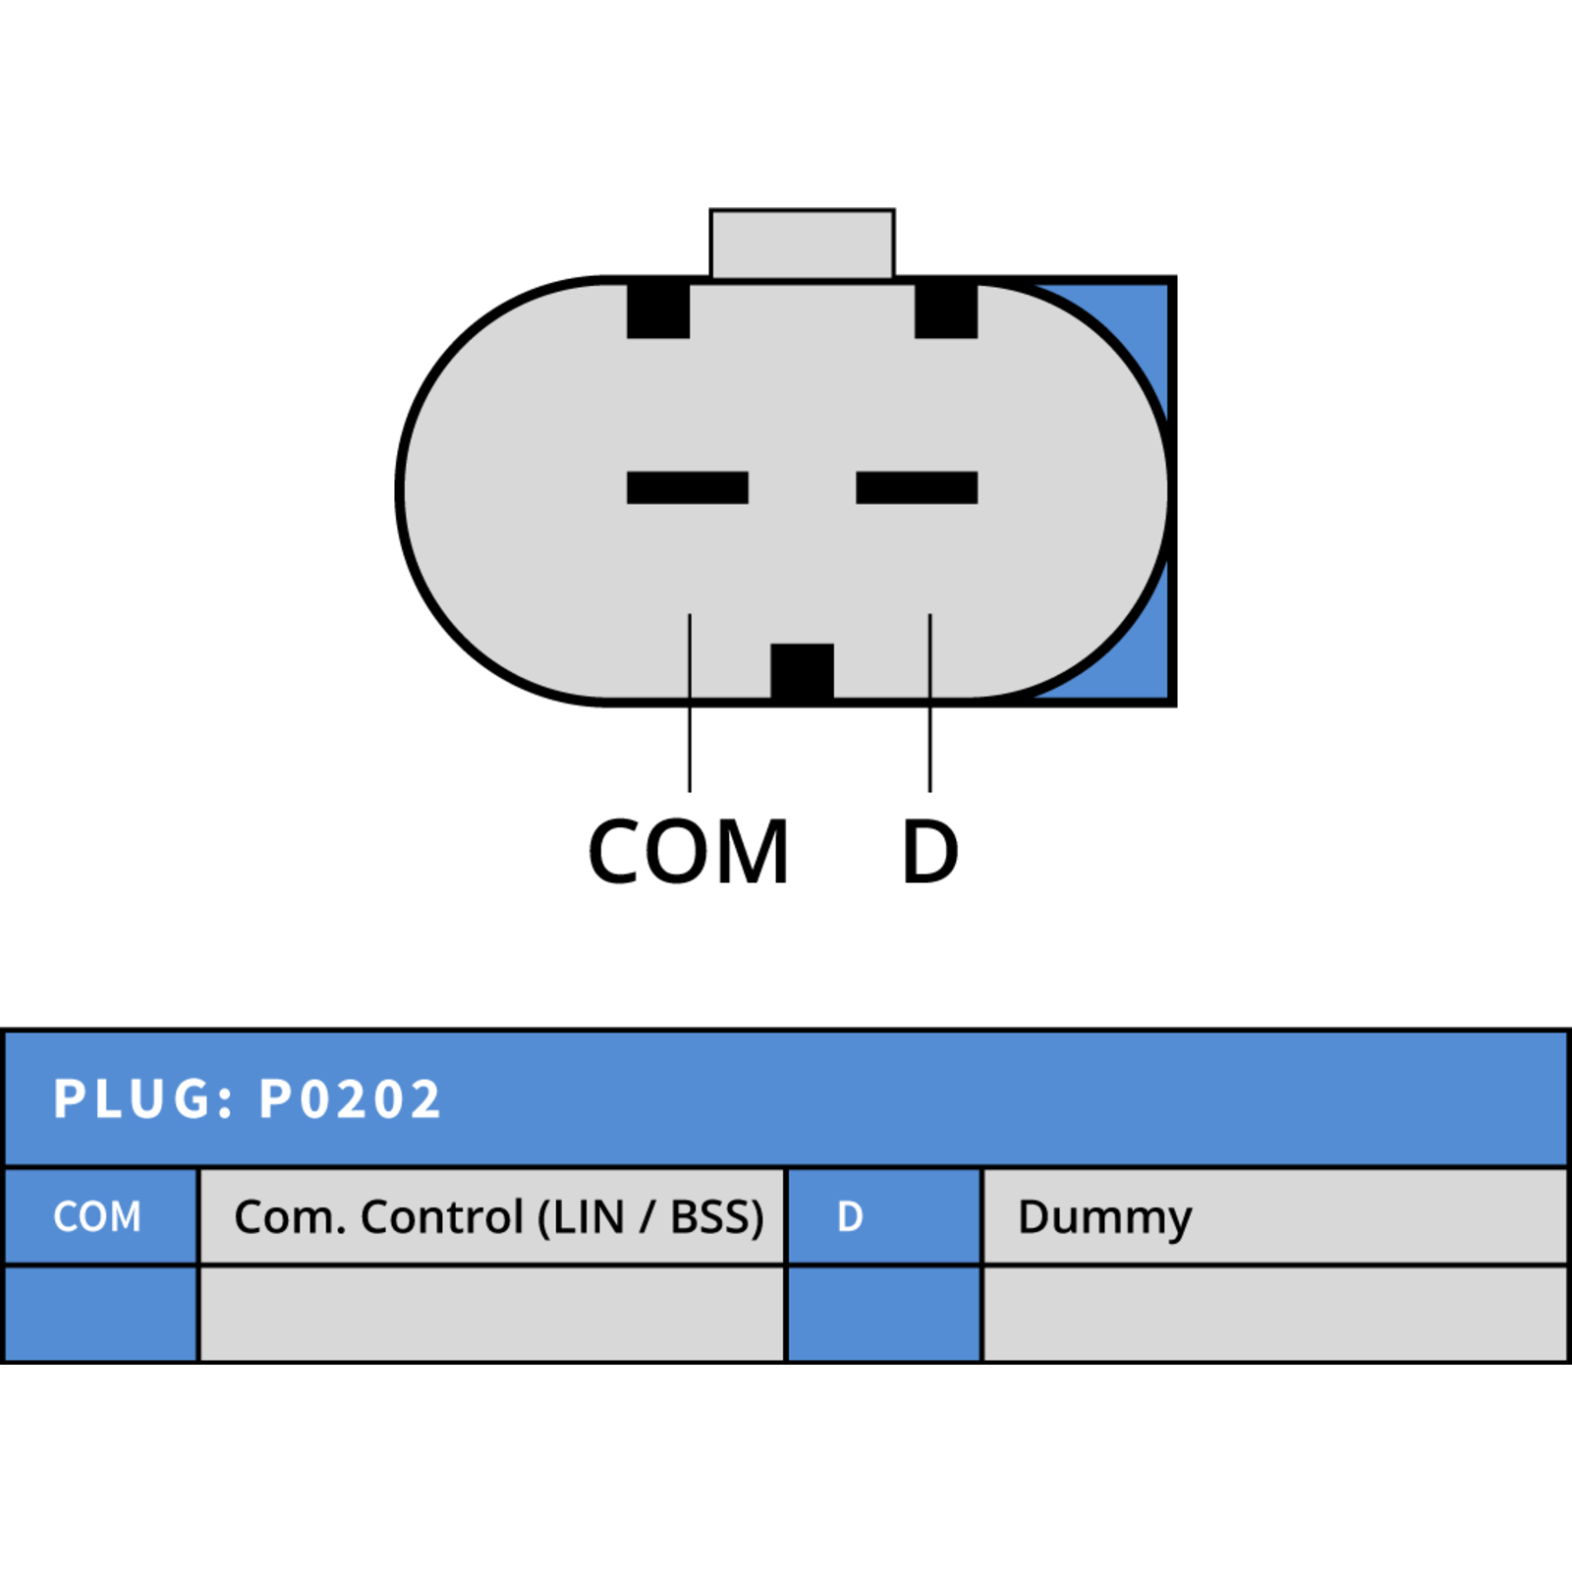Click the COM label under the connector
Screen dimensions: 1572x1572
pyautogui.click(x=688, y=852)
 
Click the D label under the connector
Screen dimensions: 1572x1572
pyautogui.click(x=930, y=852)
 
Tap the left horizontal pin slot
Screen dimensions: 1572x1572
pyautogui.click(x=688, y=487)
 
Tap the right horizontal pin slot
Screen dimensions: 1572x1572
pyautogui.click(x=917, y=487)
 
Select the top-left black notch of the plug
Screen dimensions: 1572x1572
pyautogui.click(x=658, y=310)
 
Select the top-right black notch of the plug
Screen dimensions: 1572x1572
pyautogui.click(x=946, y=310)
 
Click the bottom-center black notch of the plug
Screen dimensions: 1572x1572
pyautogui.click(x=802, y=672)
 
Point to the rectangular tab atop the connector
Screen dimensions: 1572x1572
pyautogui.click(x=802, y=244)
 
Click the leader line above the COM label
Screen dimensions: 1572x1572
pyautogui.click(x=690, y=702)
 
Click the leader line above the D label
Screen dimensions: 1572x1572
pyautogui.click(x=929, y=702)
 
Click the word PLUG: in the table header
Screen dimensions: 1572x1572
pyautogui.click(x=143, y=1098)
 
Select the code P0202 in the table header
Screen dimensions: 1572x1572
pyautogui.click(x=350, y=1098)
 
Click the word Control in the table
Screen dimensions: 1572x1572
pyautogui.click(x=442, y=1217)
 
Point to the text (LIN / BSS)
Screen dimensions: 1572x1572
pyautogui.click(x=650, y=1218)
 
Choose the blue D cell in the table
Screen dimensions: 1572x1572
pyautogui.click(x=883, y=1216)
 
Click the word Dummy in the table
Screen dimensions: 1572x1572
pyautogui.click(x=1105, y=1219)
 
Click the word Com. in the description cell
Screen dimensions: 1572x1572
pyautogui.click(x=291, y=1217)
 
